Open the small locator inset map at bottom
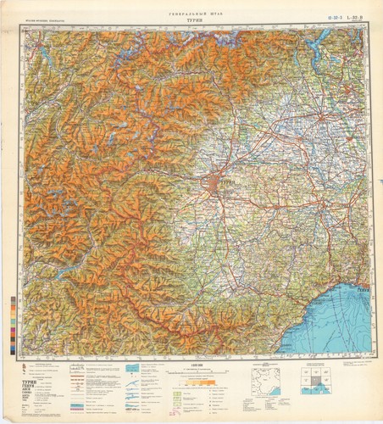269,381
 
